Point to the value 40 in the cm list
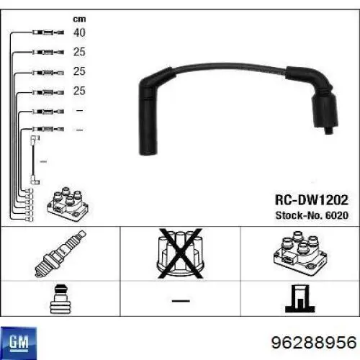coord(80,32)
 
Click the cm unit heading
coord(79,17)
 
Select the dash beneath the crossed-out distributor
coord(178,299)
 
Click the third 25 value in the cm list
coord(80,91)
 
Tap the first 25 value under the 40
coord(80,52)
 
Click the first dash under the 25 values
coord(80,110)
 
